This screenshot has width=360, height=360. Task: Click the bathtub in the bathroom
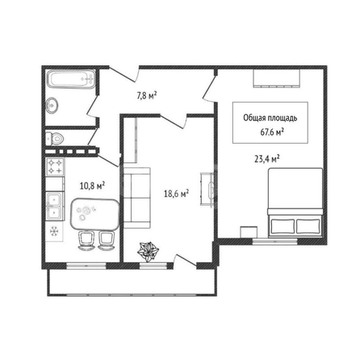[71, 79]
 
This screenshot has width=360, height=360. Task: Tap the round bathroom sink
[52, 105]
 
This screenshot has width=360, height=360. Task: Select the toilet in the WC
[55, 138]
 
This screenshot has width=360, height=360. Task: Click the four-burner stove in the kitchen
[55, 167]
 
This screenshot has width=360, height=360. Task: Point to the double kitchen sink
[55, 206]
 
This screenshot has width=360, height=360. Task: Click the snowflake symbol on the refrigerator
[54, 232]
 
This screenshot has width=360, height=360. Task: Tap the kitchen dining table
[94, 214]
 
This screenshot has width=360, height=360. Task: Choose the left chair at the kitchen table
[86, 241]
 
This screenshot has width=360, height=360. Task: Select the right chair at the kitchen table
[106, 241]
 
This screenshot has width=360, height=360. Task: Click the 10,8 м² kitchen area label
[92, 186]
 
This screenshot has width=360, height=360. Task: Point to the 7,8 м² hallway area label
[147, 95]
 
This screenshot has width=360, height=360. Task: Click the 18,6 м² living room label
[176, 193]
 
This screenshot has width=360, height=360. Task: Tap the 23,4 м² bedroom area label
[267, 158]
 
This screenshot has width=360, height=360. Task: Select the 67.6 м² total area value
[273, 132]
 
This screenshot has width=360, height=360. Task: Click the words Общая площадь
[270, 118]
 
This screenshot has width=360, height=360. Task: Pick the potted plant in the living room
[149, 252]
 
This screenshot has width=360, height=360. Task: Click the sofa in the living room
[136, 198]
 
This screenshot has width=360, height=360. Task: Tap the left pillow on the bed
[283, 226]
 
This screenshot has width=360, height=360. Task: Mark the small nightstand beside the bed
[249, 232]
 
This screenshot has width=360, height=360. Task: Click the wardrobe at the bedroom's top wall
[277, 78]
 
